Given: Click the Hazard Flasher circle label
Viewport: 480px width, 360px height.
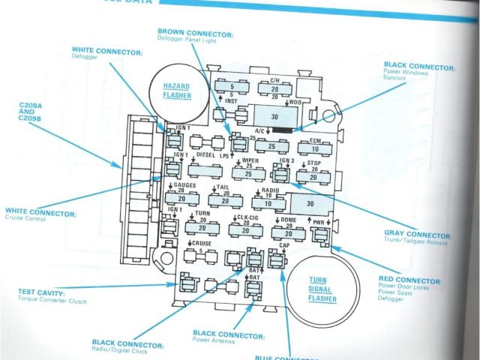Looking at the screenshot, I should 178,91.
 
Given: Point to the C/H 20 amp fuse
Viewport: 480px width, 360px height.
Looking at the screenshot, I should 274,88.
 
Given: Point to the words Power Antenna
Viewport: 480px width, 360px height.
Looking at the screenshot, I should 214,341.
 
